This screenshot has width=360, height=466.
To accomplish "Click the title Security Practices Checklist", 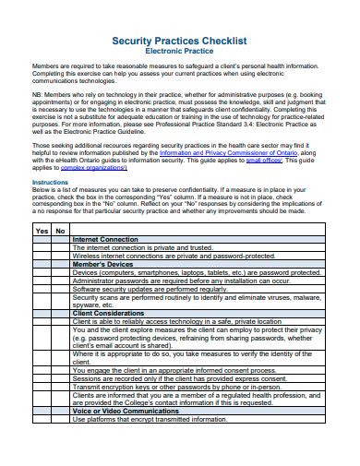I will pos(179,42).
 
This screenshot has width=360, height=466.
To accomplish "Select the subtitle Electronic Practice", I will pos(179,53).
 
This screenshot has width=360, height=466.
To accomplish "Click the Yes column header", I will pos(42,230).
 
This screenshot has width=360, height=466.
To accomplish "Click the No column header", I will pos(60,230).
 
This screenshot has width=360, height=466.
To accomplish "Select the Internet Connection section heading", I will pos(105,239).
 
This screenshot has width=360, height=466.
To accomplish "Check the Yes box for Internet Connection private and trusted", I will pos(42,247).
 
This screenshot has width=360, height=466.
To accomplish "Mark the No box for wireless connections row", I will pos(60,255).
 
